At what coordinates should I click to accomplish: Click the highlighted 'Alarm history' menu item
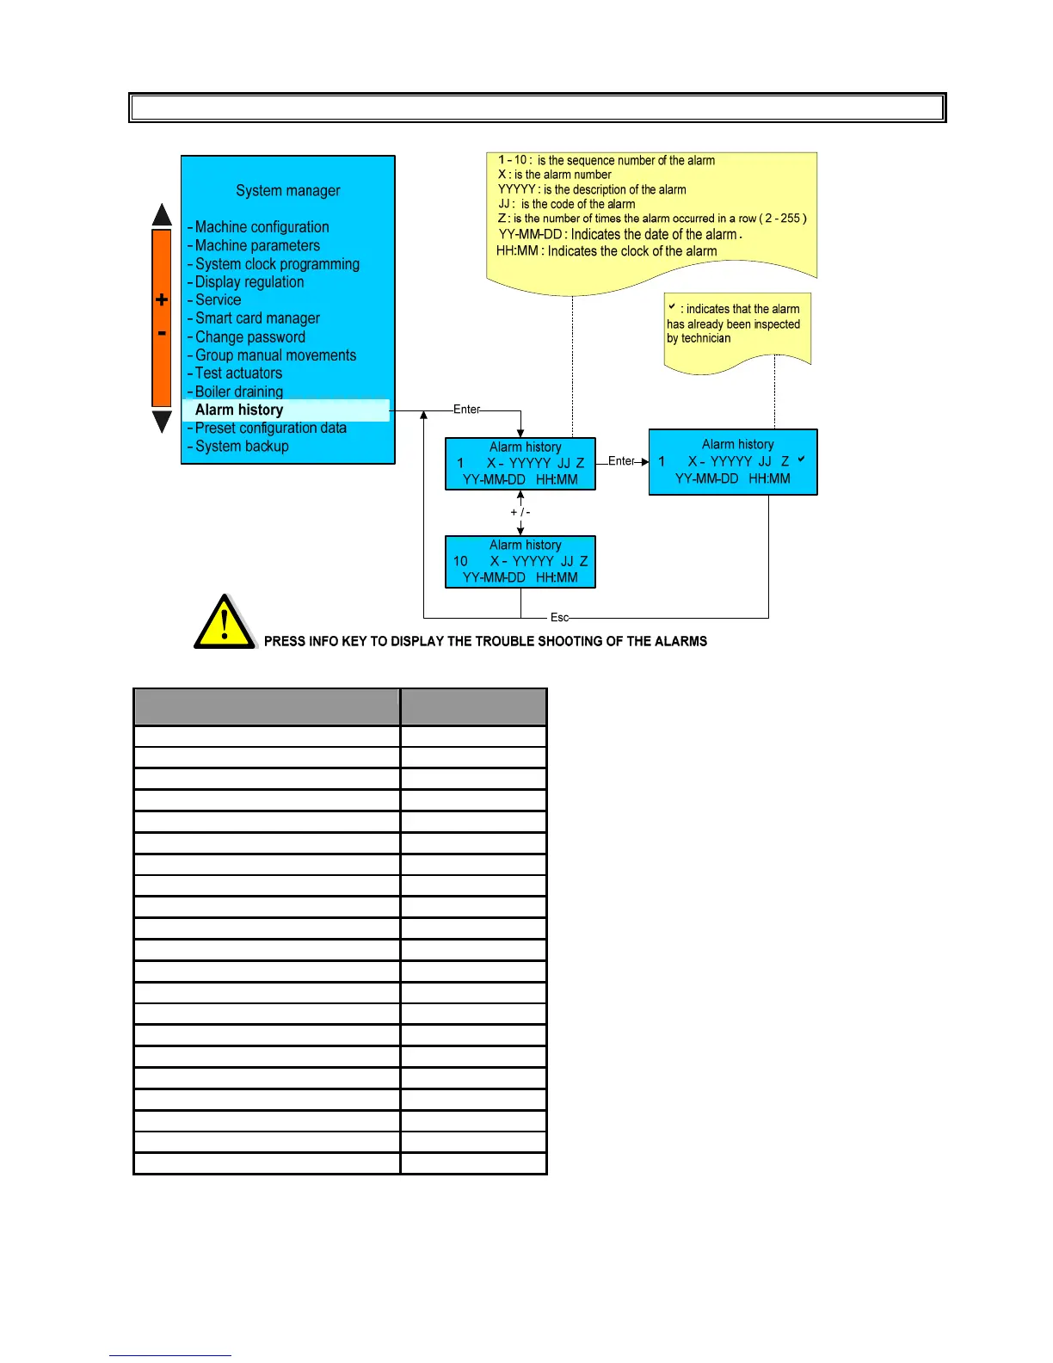click(239, 410)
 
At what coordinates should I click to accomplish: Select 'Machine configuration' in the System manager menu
click(262, 227)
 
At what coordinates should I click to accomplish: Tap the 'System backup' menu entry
click(242, 447)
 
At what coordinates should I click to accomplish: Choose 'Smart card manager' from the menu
click(257, 318)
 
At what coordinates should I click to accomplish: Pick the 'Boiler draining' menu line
click(239, 392)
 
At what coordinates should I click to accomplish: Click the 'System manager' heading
click(288, 191)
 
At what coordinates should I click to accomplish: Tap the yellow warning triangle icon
click(224, 623)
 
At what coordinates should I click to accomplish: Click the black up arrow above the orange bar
click(162, 215)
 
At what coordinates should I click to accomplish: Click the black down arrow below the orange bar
click(162, 422)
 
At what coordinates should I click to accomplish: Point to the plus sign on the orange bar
click(162, 300)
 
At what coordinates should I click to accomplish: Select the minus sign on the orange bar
click(162, 333)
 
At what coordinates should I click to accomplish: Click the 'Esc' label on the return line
click(559, 618)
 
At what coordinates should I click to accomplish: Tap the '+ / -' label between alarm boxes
click(520, 512)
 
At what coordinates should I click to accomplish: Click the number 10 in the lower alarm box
click(461, 561)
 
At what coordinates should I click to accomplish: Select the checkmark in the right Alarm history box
click(801, 459)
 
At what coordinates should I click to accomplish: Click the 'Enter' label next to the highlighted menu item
click(466, 410)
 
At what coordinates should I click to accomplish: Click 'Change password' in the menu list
click(249, 337)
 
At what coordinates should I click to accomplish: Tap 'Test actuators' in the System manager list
click(238, 373)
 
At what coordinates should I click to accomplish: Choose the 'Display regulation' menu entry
click(249, 282)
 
